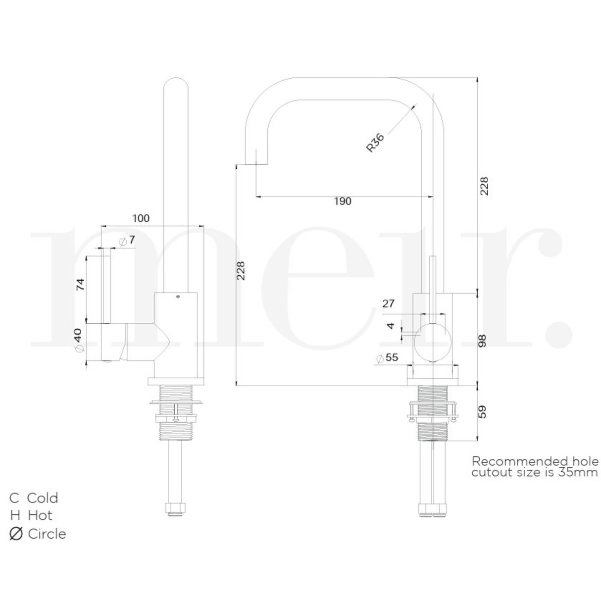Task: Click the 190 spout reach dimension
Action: (343, 201)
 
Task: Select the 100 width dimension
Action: (141, 218)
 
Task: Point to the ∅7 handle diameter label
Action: (127, 240)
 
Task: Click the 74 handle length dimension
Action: (80, 284)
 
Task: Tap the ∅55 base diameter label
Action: (387, 357)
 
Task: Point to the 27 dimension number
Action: (389, 303)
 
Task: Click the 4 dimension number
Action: (391, 326)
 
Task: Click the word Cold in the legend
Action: (43, 498)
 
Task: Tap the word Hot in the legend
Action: (40, 515)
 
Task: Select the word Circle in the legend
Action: (47, 534)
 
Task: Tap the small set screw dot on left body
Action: (177, 297)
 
